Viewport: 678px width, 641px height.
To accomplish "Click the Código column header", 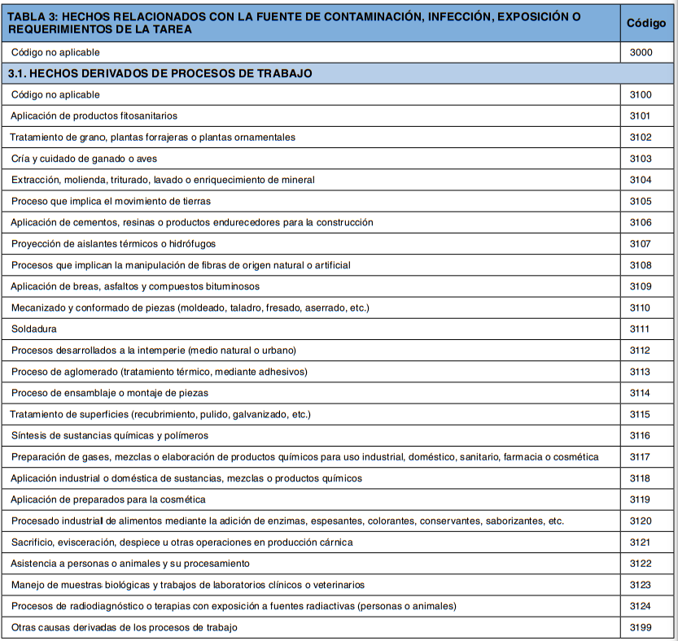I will pyautogui.click(x=646, y=23).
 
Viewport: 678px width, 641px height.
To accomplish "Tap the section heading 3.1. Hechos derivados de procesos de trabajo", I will pyautogui.click(x=160, y=73).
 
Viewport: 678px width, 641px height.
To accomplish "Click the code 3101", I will pyautogui.click(x=641, y=116).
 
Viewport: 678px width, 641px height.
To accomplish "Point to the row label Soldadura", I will pyautogui.click(x=34, y=329).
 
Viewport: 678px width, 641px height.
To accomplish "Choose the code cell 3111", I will pyautogui.click(x=641, y=329).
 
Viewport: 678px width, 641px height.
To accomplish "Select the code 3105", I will pyautogui.click(x=641, y=201).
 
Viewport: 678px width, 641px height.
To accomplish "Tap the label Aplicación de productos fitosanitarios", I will pyautogui.click(x=94, y=116).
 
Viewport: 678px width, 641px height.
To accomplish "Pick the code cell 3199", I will pyautogui.click(x=641, y=627).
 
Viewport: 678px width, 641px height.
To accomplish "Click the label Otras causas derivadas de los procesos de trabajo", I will pyautogui.click(x=125, y=627).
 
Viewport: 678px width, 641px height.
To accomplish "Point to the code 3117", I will pyautogui.click(x=641, y=456).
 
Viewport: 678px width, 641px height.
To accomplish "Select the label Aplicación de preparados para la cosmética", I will pyautogui.click(x=108, y=499).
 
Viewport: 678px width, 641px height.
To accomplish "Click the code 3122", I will pyautogui.click(x=641, y=563).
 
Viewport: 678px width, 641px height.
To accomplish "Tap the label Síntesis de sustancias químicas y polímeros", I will pyautogui.click(x=110, y=435).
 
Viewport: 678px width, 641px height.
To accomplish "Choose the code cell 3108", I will pyautogui.click(x=641, y=265).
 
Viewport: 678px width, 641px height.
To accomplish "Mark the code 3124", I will pyautogui.click(x=641, y=606).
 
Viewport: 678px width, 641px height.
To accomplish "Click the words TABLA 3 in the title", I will pyautogui.click(x=32, y=16).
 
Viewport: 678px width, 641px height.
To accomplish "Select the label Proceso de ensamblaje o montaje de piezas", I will pyautogui.click(x=110, y=393).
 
